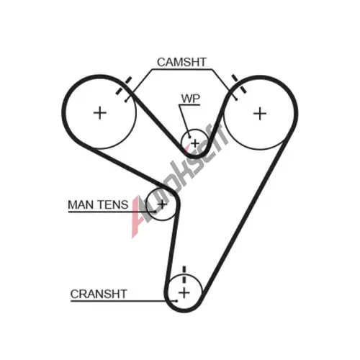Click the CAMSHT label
tap(181, 62)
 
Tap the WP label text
tap(191, 99)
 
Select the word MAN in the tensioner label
tap(81, 205)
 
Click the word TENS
tap(113, 205)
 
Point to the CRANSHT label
tap(99, 294)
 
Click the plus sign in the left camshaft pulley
tap(100, 113)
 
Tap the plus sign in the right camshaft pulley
tap(260, 114)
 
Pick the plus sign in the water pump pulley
tap(195, 143)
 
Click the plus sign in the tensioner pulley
tap(163, 204)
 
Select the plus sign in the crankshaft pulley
tap(184, 293)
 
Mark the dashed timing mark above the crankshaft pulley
tap(184, 275)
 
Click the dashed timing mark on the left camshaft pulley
tap(124, 86)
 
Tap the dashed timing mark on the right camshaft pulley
tap(239, 84)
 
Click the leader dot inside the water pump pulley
tap(189, 138)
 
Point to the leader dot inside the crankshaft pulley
tap(176, 301)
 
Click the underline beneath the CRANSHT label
tap(124, 301)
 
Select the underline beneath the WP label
tap(189, 105)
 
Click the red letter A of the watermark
tap(140, 217)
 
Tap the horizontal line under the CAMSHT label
tap(182, 70)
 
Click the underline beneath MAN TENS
tap(112, 212)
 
